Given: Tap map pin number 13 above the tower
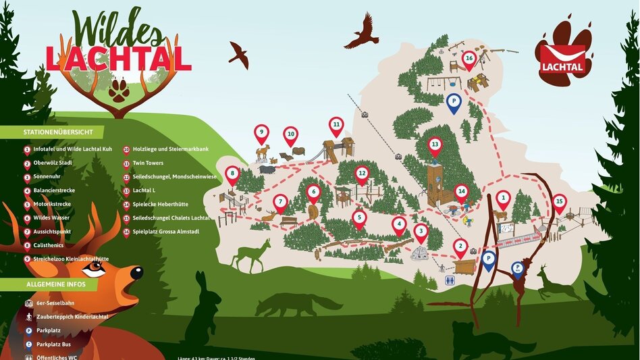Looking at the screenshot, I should coord(435,145).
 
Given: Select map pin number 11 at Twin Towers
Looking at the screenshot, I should coord(336,125).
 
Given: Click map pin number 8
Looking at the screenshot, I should coord(233,175).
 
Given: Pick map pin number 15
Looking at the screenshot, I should coord(559,201).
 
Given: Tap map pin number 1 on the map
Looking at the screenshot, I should coord(502,198).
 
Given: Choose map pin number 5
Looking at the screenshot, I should coord(358,218).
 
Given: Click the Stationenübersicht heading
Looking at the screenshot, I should coord(53,132).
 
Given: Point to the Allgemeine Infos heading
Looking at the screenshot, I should coord(56,284).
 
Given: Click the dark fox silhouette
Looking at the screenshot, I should coord(297,304).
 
